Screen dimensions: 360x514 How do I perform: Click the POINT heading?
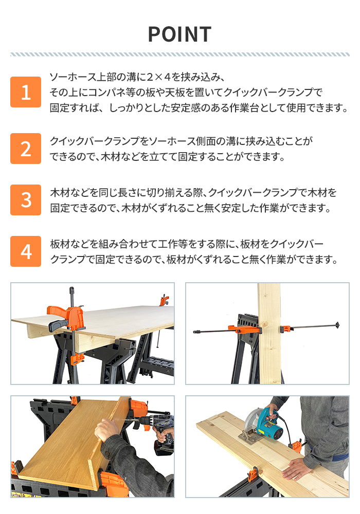pyautogui.click(x=179, y=34)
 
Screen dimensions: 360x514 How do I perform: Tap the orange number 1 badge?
pyautogui.click(x=26, y=92)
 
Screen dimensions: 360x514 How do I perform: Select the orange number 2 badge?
pyautogui.click(x=26, y=149)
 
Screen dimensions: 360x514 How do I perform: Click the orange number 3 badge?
pyautogui.click(x=26, y=200)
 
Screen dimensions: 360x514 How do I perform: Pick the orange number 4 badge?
pyautogui.click(x=26, y=251)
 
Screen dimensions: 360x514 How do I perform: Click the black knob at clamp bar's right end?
pyautogui.click(x=337, y=325)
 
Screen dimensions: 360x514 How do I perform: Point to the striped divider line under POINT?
pyautogui.click(x=179, y=54)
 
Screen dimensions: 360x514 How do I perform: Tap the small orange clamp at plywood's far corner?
pyautogui.click(x=164, y=300)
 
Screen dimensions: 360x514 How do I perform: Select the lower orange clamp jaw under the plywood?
pyautogui.click(x=77, y=359)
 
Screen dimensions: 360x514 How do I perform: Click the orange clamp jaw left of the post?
pyautogui.click(x=244, y=329)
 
